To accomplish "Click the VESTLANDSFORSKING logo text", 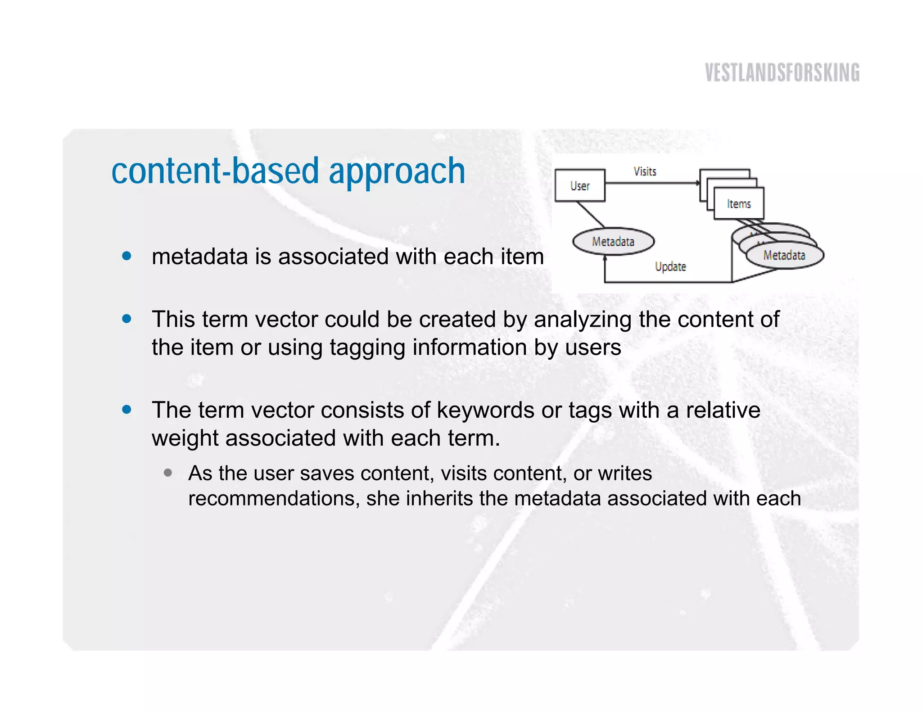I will pos(782,73).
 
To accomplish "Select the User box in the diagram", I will pos(580,185).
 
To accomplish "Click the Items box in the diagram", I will pos(739,204).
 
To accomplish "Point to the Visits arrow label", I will pos(645,171).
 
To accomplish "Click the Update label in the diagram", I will pos(670,266).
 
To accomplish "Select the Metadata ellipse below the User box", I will pos(613,242).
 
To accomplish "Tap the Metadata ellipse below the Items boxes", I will pos(784,255).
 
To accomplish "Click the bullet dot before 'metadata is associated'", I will pos(127,256).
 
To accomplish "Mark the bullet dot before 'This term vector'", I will pos(127,319).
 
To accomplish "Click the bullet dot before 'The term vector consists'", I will pos(127,410).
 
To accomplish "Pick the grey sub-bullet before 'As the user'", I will pos(168,473).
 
